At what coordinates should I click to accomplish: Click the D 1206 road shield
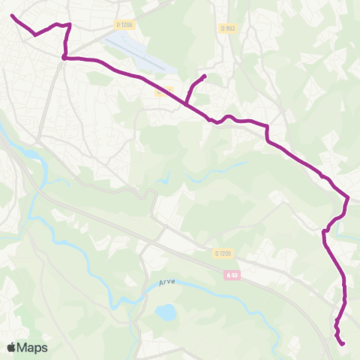[x=124, y=25]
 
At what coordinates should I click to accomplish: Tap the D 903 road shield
[x=228, y=28]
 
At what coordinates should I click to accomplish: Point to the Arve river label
[x=166, y=283]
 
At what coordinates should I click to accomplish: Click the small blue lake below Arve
[x=165, y=311]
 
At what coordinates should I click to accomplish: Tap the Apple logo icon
[x=11, y=347]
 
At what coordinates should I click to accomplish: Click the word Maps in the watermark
[x=32, y=347]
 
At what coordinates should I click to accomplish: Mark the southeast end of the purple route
[x=343, y=344]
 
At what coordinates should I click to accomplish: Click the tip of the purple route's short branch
[x=205, y=76]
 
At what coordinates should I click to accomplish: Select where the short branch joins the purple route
[x=187, y=103]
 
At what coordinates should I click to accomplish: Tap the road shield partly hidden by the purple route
[x=163, y=92]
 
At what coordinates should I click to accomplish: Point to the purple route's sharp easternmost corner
[x=349, y=198]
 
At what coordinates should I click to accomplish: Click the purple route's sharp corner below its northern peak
[x=64, y=56]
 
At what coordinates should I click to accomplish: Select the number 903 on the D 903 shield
[x=230, y=28]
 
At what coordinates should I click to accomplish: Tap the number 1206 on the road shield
[x=127, y=25]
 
